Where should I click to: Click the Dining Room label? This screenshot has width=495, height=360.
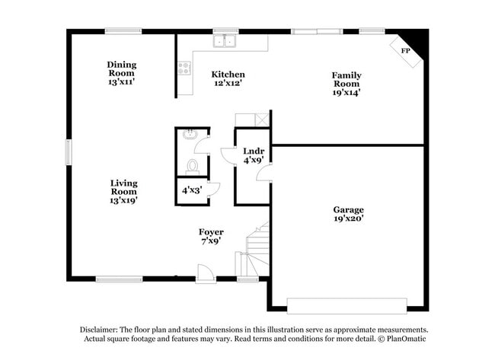click(121, 70)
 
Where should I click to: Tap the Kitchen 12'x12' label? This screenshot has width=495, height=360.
click(228, 79)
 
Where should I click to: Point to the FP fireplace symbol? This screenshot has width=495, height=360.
click(406, 51)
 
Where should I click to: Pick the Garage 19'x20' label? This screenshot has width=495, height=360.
click(348, 214)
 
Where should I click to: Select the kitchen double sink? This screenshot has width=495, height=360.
click(225, 41)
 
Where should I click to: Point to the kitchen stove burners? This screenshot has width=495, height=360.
click(184, 67)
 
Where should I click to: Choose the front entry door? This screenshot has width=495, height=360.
click(204, 272)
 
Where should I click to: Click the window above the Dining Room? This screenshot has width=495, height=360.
click(123, 31)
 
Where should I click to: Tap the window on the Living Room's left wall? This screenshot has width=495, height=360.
click(69, 151)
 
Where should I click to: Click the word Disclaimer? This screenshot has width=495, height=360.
click(101, 330)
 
